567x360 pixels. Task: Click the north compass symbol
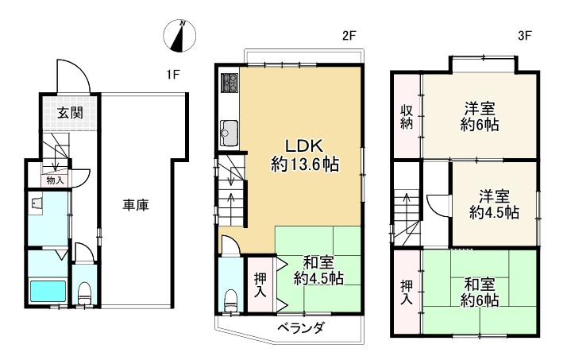click(x=180, y=35)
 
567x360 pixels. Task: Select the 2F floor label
click(x=349, y=36)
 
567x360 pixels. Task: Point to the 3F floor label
click(x=523, y=36)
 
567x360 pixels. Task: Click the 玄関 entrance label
click(x=70, y=112)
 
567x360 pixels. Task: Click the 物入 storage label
click(x=55, y=180)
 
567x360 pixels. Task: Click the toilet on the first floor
click(x=85, y=292)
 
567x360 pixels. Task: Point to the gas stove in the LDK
click(x=230, y=83)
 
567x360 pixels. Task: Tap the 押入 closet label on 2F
click(x=260, y=285)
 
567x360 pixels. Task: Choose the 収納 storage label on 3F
click(x=406, y=117)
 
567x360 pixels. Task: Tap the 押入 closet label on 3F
click(x=406, y=292)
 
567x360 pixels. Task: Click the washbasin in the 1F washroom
click(x=37, y=204)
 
